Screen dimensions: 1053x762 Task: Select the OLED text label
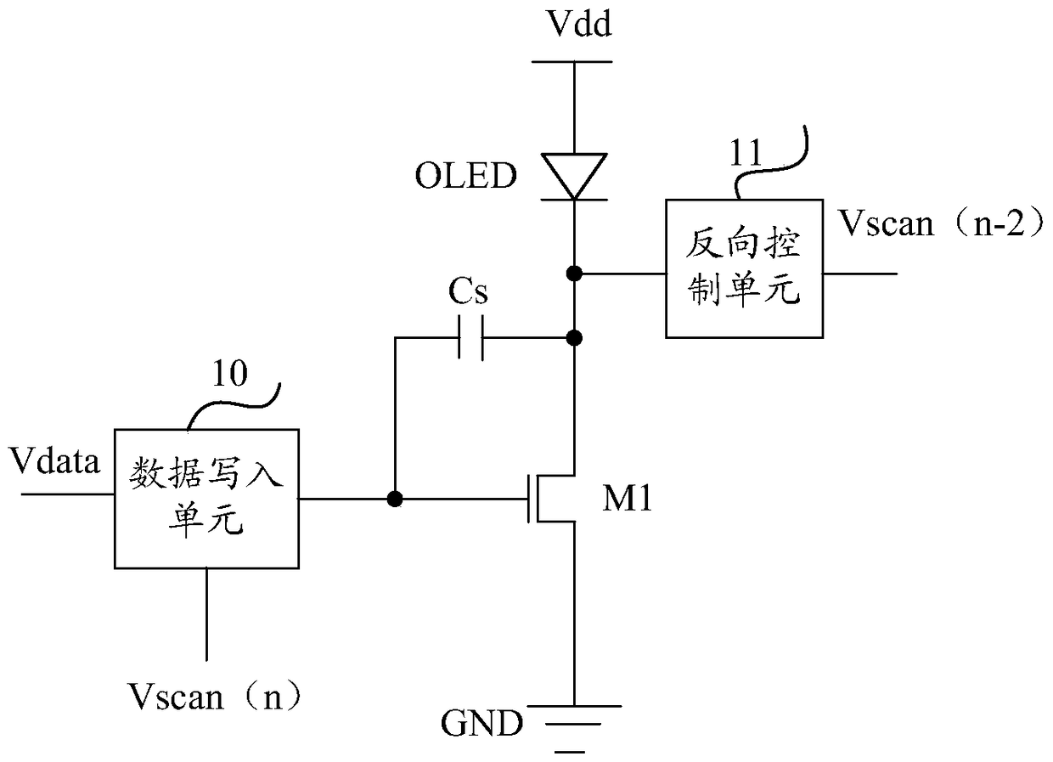[466, 176]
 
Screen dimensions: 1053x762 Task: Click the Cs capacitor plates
[470, 338]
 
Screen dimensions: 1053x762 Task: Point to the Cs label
[468, 291]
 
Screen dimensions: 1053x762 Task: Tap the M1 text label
[627, 499]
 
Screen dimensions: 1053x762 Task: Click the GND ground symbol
[574, 729]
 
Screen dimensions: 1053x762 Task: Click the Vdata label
[54, 461]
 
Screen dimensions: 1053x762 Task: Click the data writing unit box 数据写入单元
[207, 499]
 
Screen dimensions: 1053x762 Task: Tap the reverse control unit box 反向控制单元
[744, 268]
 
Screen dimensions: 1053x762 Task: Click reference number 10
[229, 374]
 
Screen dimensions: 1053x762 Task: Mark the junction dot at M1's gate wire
[395, 499]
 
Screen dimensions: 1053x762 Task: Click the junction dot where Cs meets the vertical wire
[574, 338]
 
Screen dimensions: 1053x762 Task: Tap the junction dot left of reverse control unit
[574, 274]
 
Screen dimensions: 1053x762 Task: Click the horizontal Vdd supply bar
[572, 62]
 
